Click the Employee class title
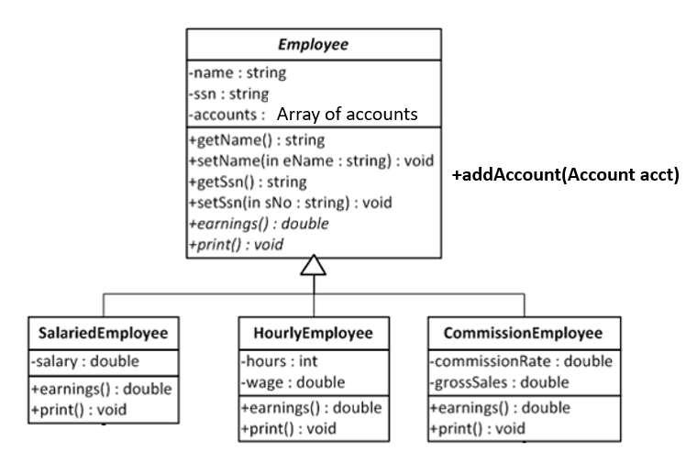[314, 43]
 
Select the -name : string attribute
[238, 72]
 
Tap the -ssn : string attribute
[229, 94]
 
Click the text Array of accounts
[347, 115]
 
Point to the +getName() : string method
[256, 140]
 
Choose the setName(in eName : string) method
[311, 160]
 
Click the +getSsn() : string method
[248, 182]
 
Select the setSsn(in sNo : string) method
[303, 202]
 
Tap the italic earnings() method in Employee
[259, 223]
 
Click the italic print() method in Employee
[236, 244]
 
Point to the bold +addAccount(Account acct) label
[566, 176]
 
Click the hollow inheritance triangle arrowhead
[314, 265]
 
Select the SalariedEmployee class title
[103, 333]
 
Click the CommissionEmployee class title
[523, 333]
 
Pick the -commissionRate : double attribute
[521, 361]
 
